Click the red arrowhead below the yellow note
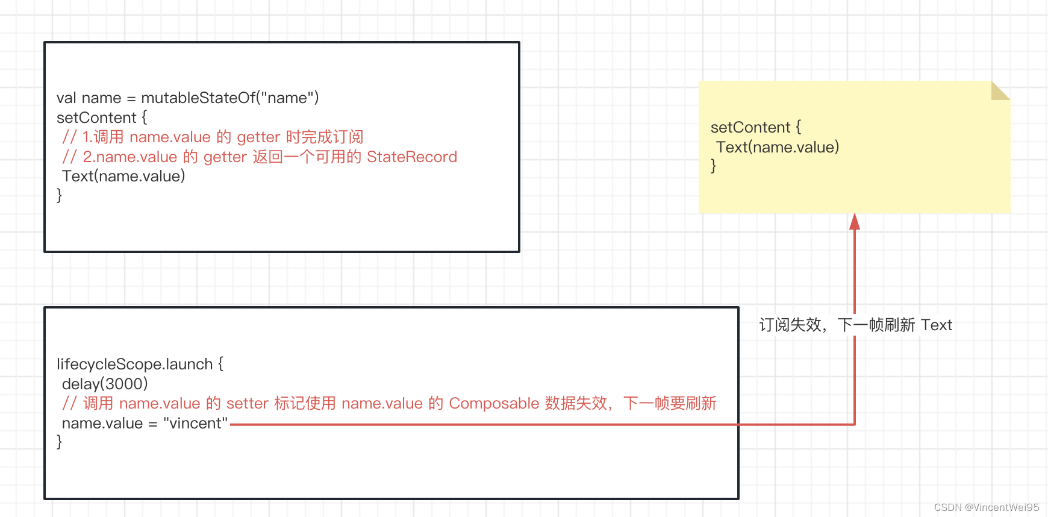[854, 222]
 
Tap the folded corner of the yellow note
[999, 91]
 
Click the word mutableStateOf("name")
[229, 98]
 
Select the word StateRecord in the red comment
[412, 157]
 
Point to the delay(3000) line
[105, 384]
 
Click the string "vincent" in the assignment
[195, 423]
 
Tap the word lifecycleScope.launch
[134, 364]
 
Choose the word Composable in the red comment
[494, 403]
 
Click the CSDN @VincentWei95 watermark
[986, 507]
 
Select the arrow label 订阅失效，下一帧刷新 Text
[855, 325]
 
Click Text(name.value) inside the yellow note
[777, 147]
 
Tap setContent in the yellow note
[750, 127]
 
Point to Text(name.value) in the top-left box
[123, 176]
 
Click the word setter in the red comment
[247, 403]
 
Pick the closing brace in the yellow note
[714, 166]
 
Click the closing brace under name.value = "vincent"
[59, 442]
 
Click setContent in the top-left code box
[96, 117]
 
